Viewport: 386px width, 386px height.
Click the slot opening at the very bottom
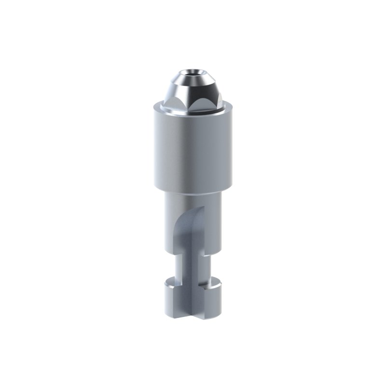pos(194,309)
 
